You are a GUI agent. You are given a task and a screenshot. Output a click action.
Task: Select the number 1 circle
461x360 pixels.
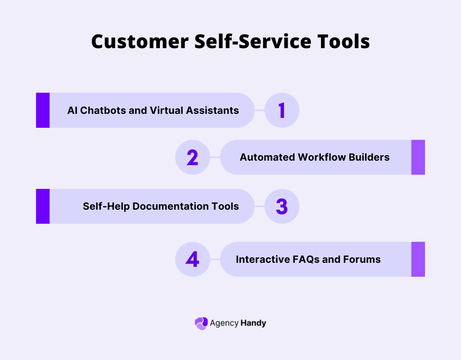coord(282,110)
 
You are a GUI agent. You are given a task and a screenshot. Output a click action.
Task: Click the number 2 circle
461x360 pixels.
coord(192,157)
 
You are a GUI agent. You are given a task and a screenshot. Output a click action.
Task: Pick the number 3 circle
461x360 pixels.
coord(282,206)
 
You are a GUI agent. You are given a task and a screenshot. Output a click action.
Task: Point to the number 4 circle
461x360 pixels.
coord(192,259)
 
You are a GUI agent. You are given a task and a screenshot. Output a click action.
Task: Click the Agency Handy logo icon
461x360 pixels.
coord(201,323)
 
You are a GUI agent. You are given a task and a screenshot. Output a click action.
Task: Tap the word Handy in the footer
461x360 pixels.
coord(253,323)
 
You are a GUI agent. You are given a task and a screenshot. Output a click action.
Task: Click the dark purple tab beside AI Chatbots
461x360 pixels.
coord(43,110)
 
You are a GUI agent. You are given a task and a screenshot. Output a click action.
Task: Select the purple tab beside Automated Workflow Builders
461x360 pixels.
coord(418,157)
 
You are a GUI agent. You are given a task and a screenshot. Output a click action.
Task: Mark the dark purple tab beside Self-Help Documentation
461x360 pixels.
coord(43,206)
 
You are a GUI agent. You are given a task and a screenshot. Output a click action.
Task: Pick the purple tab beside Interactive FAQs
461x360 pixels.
coord(418,259)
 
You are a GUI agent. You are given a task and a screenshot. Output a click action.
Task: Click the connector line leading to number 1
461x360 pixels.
coord(260,110)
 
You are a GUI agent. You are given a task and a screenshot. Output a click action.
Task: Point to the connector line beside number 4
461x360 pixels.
coord(215,259)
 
